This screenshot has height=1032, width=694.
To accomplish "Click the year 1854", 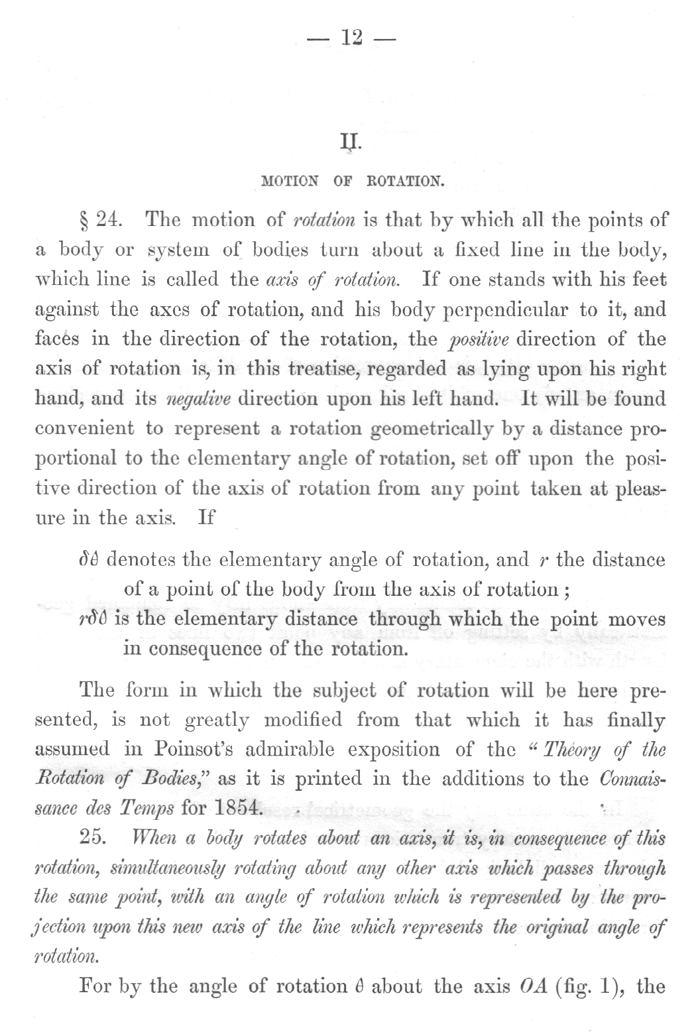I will click(x=240, y=809).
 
